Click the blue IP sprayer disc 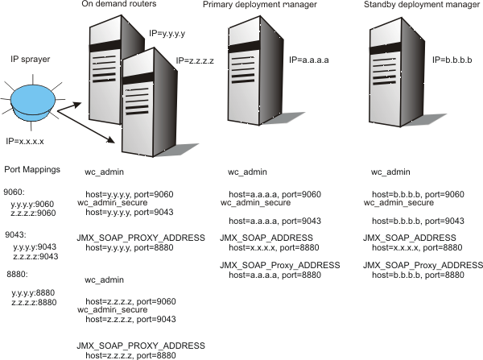(x=33, y=103)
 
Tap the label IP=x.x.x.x (x=25, y=142)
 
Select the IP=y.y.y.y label (x=167, y=33)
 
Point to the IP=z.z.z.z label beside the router (x=195, y=60)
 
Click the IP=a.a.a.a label (x=309, y=60)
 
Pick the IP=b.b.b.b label (x=452, y=60)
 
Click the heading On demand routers (x=119, y=4)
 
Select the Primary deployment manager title (x=260, y=5)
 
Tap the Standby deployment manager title (x=422, y=5)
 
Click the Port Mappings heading (x=32, y=169)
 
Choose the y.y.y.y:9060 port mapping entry (x=32, y=204)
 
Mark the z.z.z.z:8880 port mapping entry (x=34, y=302)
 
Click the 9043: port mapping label (x=15, y=235)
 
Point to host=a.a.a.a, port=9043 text (x=275, y=221)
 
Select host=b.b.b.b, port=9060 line (x=418, y=194)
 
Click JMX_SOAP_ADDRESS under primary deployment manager (x=266, y=238)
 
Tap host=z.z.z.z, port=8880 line (x=130, y=355)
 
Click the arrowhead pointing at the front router (x=110, y=140)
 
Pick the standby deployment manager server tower (x=398, y=72)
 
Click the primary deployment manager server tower (x=256, y=71)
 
